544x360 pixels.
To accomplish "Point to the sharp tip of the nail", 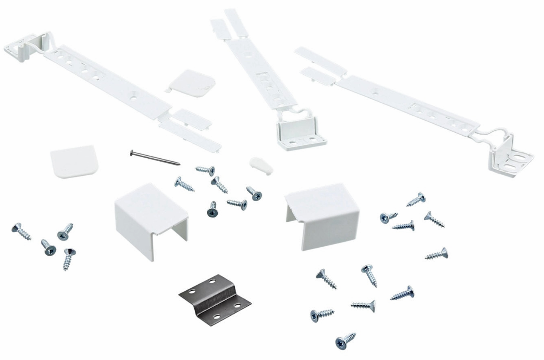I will [179, 164].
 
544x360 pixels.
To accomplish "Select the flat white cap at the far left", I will [74, 161].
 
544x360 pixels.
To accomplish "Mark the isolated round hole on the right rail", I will [375, 91].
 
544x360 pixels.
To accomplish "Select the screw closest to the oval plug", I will [254, 193].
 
